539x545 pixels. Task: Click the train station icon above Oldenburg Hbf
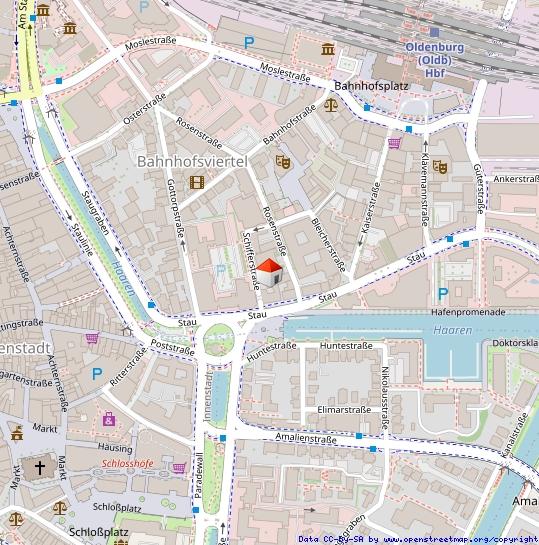(435, 32)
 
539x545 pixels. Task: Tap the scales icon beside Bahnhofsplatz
(331, 103)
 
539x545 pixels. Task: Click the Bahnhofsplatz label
(372, 87)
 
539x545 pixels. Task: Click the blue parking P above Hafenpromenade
(442, 293)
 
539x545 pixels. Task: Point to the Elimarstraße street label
(345, 409)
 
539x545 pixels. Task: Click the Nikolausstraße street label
(385, 396)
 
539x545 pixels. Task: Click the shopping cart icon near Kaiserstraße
(394, 143)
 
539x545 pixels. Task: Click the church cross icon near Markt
(40, 467)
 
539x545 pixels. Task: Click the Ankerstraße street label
(516, 179)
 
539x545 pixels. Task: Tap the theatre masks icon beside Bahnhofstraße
(283, 159)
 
